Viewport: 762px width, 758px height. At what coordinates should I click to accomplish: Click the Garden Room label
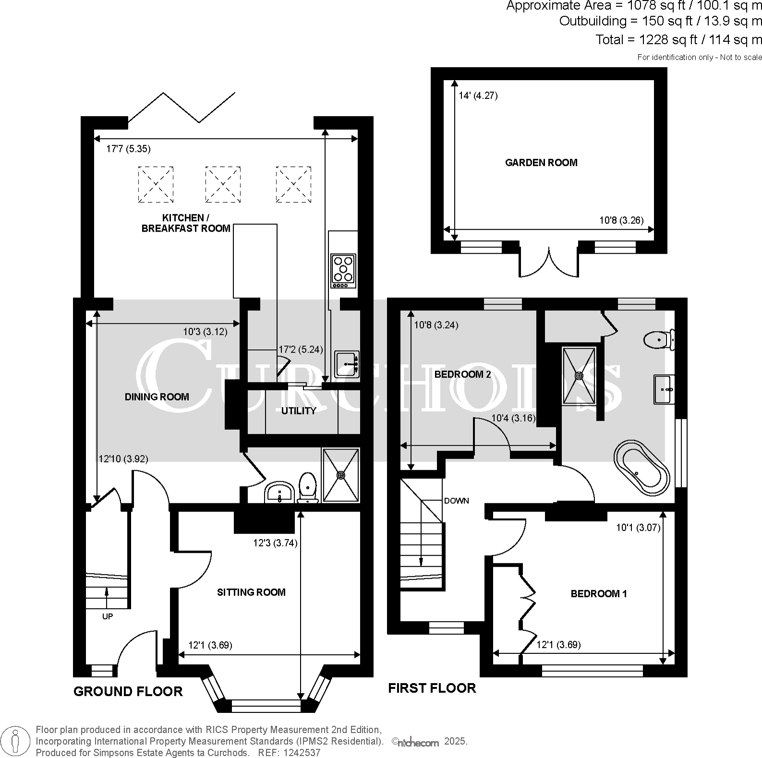(x=541, y=163)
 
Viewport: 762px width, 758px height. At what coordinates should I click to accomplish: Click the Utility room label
(x=299, y=411)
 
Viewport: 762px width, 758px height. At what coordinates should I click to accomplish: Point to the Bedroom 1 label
(x=599, y=594)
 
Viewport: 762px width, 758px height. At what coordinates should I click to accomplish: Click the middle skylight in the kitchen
(x=223, y=184)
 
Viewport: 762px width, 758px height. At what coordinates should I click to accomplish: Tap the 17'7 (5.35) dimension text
(x=128, y=149)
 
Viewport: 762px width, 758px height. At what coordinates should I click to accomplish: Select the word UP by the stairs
(x=108, y=616)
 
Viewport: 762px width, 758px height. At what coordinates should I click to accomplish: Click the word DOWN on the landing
(x=456, y=501)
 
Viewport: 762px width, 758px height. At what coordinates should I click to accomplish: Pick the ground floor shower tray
(x=341, y=475)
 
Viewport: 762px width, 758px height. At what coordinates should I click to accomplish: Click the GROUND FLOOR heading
(x=128, y=691)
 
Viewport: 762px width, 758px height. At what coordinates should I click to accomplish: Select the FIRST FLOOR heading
(x=432, y=688)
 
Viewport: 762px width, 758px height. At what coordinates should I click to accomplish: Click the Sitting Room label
(x=251, y=592)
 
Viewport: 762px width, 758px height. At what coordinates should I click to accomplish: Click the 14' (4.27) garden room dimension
(x=478, y=95)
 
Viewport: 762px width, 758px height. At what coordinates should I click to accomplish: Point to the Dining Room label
(x=157, y=397)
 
